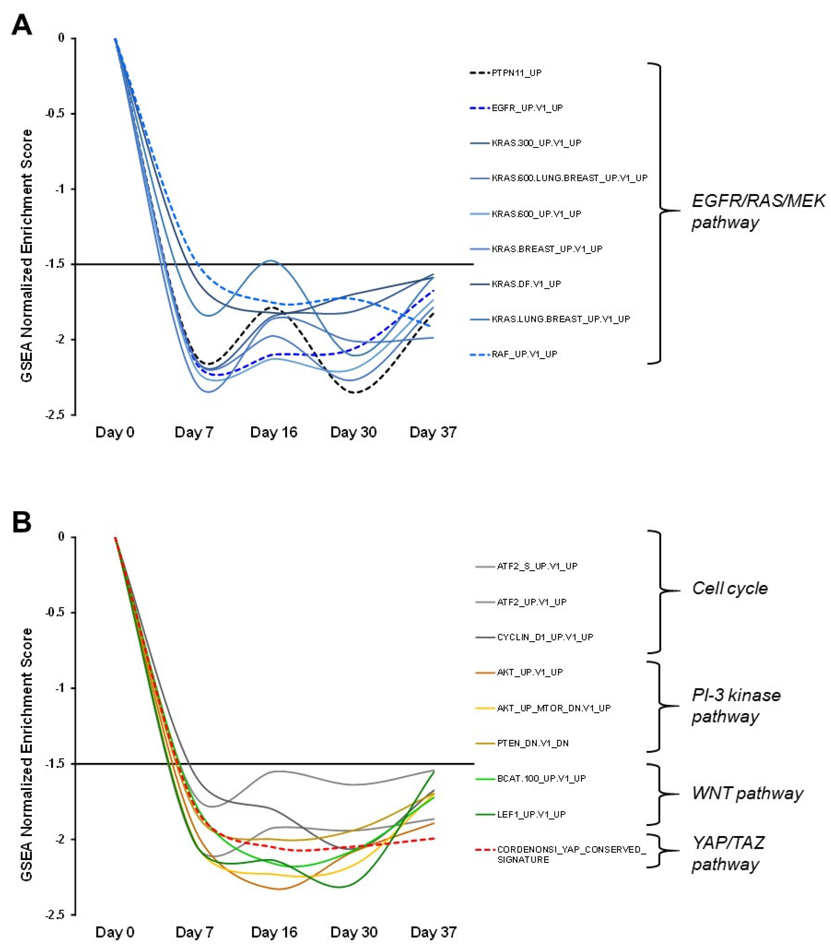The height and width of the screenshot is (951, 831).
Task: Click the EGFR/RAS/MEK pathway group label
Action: (x=758, y=211)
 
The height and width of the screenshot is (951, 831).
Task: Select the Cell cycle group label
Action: (x=730, y=588)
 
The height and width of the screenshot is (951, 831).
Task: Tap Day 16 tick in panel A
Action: (x=274, y=432)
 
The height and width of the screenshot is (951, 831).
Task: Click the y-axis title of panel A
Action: (x=27, y=256)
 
